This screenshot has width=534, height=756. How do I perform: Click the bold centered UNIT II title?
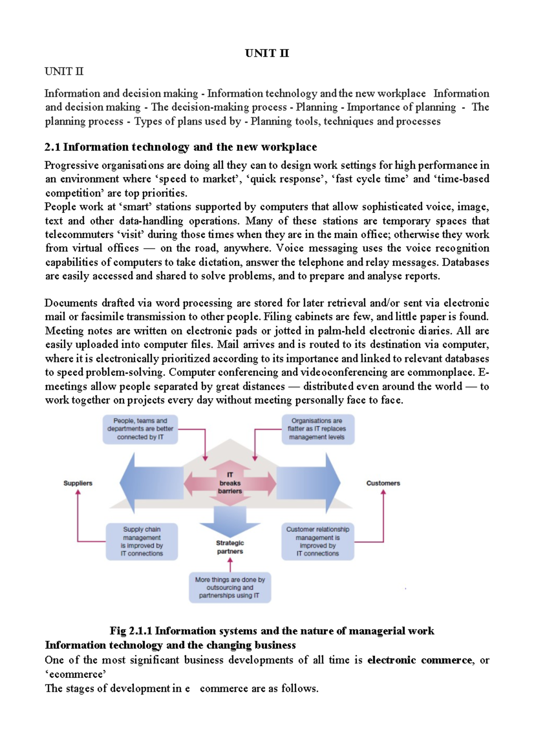click(x=267, y=53)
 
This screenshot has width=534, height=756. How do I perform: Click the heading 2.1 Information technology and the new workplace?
click(x=181, y=147)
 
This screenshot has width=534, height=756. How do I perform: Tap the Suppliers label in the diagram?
click(x=78, y=483)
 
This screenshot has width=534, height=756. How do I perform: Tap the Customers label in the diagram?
click(x=383, y=483)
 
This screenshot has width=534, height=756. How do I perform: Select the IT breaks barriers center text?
click(x=230, y=483)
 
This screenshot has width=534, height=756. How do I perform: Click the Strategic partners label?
click(x=230, y=547)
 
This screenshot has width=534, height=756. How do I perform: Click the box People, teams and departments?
click(x=140, y=429)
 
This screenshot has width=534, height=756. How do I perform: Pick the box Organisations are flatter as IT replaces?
click(x=317, y=429)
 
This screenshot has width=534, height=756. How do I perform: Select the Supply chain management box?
click(x=142, y=541)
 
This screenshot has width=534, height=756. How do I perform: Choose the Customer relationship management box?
click(x=317, y=541)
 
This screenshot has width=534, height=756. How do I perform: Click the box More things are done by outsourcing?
click(x=230, y=587)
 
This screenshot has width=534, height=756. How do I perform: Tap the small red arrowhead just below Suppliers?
click(x=78, y=492)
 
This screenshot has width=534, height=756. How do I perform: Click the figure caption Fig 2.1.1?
click(x=271, y=631)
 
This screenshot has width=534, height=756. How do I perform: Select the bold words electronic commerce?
click(x=419, y=660)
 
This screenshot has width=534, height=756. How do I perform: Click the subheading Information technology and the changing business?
click(x=170, y=645)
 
